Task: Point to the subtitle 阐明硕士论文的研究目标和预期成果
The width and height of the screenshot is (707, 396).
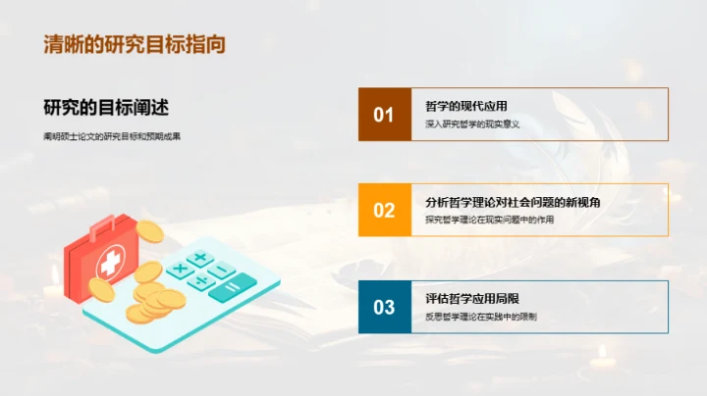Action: coord(112,136)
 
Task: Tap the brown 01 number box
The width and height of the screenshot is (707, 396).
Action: coord(384,115)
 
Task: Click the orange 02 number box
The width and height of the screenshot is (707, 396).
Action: coord(384,210)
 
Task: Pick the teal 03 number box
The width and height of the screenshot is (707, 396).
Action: coord(384,307)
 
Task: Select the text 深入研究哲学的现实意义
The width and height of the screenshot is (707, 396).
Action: coord(471,124)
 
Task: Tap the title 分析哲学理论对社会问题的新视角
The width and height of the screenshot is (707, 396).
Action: coord(513,202)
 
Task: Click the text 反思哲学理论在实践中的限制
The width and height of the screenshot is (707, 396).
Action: coord(481,317)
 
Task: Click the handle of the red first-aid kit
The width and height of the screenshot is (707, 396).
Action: coord(102,227)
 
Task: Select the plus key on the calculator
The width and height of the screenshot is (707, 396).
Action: coord(200,259)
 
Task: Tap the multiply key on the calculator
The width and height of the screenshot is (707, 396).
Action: coord(180,268)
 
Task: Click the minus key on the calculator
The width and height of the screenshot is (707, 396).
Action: coord(222,270)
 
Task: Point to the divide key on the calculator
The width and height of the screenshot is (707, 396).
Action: coord(201,280)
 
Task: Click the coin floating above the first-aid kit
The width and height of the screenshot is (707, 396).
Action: coord(148,231)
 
